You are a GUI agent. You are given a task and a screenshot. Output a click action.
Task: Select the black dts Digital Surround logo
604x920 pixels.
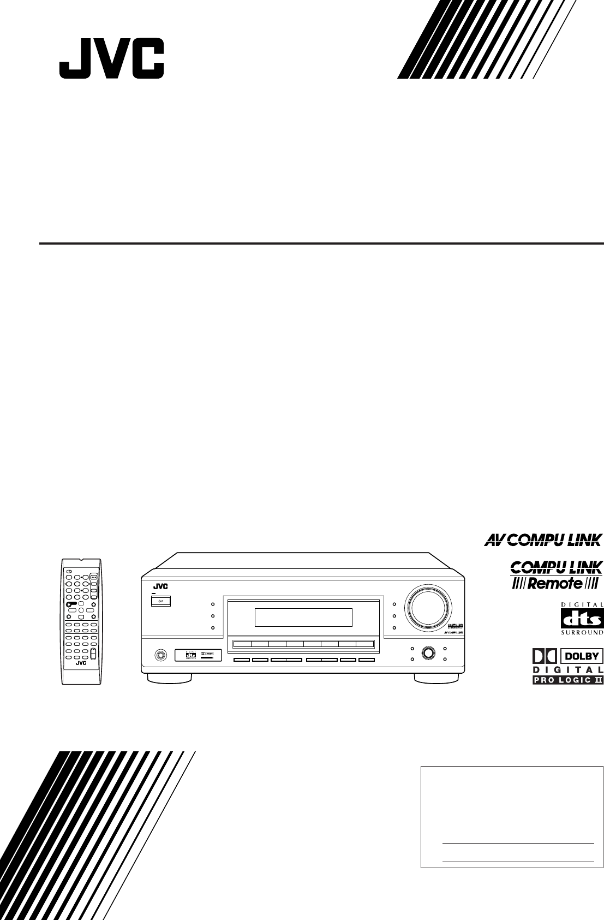(582, 619)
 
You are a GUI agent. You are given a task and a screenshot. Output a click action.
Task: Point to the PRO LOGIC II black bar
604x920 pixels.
(567, 680)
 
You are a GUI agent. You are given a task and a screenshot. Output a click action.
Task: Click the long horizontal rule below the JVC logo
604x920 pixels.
(321, 243)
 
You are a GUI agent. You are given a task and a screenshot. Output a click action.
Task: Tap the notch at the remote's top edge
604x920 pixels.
(81, 560)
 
